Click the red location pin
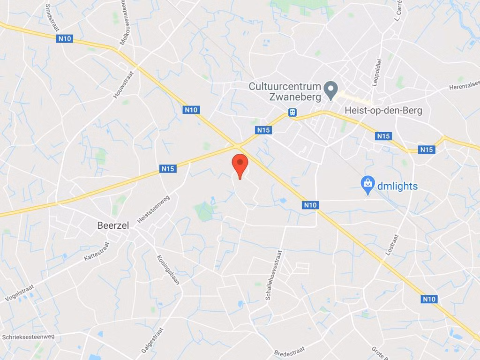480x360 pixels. [240, 165]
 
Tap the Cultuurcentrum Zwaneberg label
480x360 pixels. [285, 92]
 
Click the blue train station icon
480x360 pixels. [292, 112]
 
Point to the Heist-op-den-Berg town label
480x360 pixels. [383, 111]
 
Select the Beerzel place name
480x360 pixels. [113, 225]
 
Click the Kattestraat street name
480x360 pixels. [97, 251]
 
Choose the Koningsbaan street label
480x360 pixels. [168, 270]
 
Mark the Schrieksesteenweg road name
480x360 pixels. [28, 337]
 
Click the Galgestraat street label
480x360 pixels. [152, 340]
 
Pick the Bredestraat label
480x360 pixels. [289, 350]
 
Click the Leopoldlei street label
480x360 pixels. [377, 72]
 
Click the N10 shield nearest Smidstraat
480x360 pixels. [65, 38]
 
